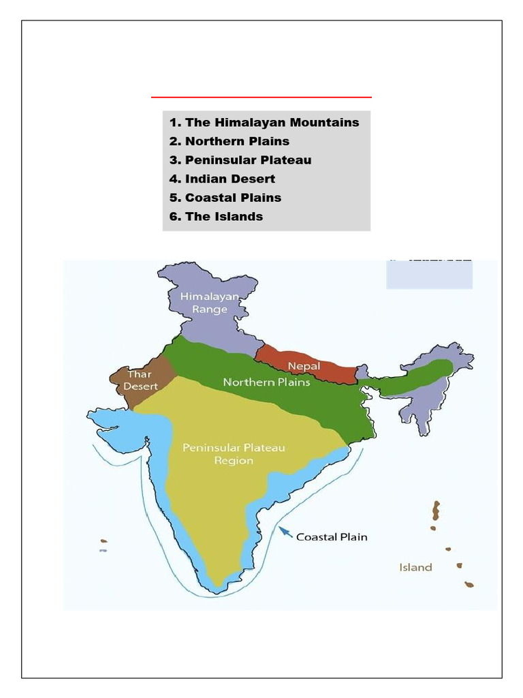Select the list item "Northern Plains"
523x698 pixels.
coord(237,142)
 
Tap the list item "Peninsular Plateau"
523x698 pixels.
coord(248,160)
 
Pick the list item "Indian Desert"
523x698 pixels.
coord(230,179)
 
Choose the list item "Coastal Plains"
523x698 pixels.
coord(233,198)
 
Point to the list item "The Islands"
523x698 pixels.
coord(223,217)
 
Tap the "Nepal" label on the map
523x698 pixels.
coord(304,366)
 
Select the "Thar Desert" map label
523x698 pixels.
coord(140,380)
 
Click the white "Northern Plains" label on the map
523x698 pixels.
coord(266,382)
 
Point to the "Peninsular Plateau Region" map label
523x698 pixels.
coord(234,454)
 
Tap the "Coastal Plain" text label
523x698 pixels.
coord(332,537)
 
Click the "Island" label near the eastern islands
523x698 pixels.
coord(415,567)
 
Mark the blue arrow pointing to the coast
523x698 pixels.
coord(286,532)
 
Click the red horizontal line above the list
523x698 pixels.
coord(261,97)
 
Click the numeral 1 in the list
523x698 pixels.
coord(174,123)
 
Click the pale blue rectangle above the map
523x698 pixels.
coord(429,275)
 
